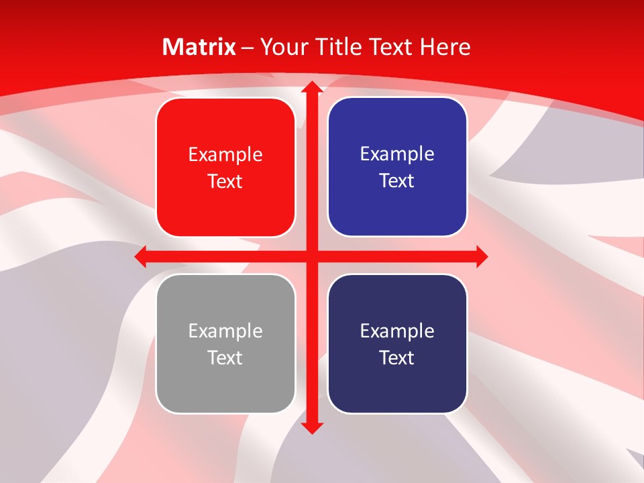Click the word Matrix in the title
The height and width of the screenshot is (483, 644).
pos(199,47)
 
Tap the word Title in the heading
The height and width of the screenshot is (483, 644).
pos(338,47)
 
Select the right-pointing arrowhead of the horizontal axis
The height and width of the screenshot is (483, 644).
pos(481,256)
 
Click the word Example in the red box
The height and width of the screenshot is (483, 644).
pos(225,155)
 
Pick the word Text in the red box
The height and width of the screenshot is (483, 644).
pos(225,181)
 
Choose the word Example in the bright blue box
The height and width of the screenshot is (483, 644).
pos(397,154)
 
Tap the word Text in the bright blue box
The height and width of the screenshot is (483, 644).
pos(397,180)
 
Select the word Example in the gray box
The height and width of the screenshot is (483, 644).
pos(225,331)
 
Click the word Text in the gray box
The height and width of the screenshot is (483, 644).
pos(225,358)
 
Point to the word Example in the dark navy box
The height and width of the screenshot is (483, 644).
pos(397,331)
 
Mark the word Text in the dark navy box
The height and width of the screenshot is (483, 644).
pos(397,358)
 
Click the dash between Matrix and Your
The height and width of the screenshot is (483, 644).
pos(248,48)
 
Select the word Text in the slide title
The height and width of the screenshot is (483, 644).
pos(391,47)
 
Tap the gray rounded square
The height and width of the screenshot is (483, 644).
pos(225,389)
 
